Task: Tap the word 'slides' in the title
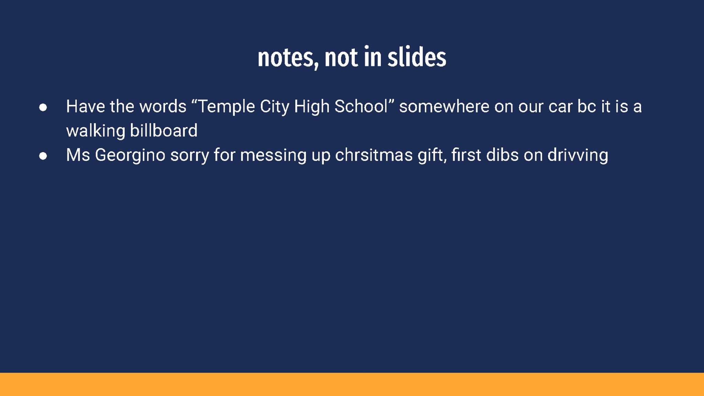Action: [x=417, y=56]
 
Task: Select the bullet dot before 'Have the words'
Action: [x=43, y=108]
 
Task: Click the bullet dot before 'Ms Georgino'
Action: [x=43, y=156]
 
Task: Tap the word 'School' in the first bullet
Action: [x=361, y=106]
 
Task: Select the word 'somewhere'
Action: [x=444, y=107]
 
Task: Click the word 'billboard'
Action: [x=164, y=131]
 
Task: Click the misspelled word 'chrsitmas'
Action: [x=374, y=155]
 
